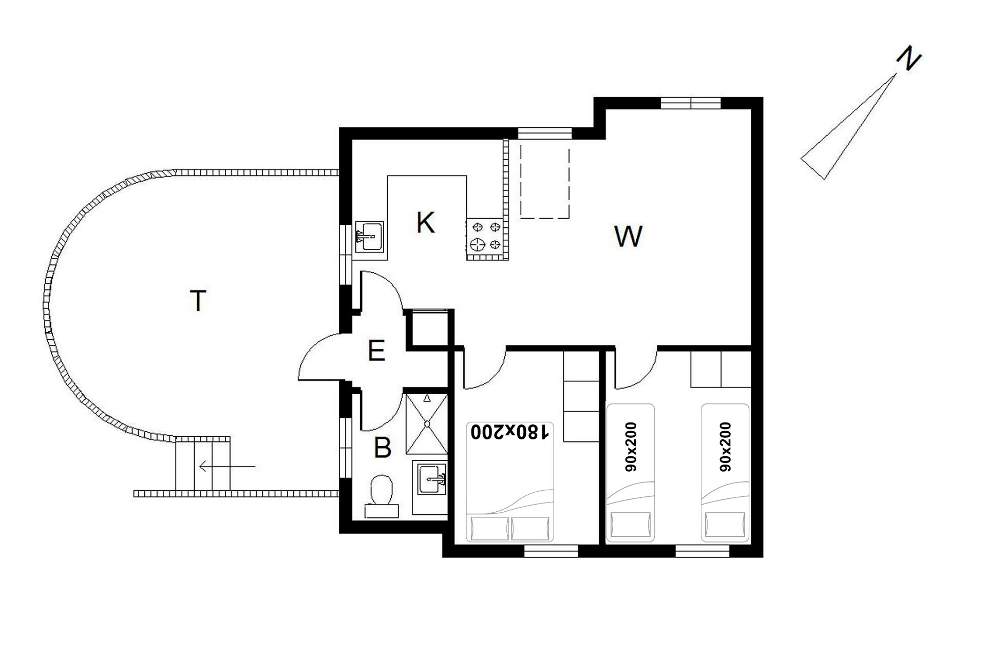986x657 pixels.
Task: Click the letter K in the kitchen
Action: coord(425,223)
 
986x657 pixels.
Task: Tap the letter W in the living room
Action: coord(628,236)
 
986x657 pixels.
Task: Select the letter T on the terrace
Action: coord(198,301)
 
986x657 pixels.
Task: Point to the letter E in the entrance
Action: coord(376,351)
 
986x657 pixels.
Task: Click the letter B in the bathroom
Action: coord(383,448)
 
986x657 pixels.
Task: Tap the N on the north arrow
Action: coord(908,59)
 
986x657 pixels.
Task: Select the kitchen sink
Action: coord(369,237)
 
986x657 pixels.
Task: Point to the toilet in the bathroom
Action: coord(382,496)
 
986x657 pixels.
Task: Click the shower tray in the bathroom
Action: coord(426,424)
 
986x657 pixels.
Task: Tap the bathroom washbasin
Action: coord(431,479)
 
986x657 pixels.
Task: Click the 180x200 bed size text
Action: coord(510,432)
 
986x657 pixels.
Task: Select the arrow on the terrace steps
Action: coord(227,467)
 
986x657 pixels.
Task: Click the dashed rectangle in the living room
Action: coord(545,182)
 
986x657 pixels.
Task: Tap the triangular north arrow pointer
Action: coord(848,127)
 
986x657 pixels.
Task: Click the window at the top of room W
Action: coord(691,103)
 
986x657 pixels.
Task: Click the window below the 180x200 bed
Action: coord(551,551)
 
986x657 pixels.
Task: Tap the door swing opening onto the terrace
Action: coord(319,357)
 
